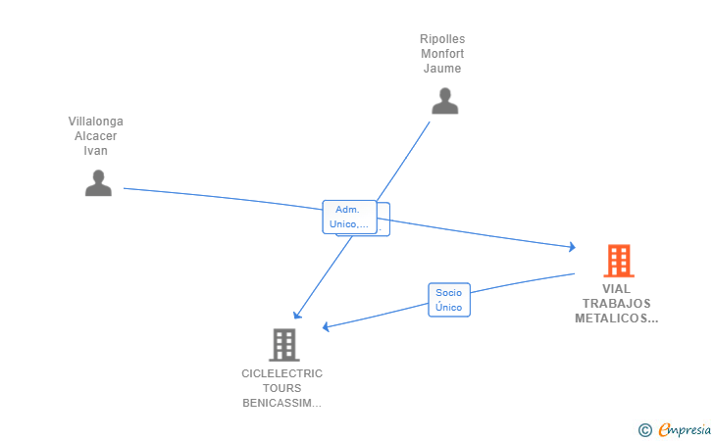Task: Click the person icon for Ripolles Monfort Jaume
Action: click(x=445, y=101)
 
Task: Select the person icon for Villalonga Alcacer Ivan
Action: click(x=98, y=183)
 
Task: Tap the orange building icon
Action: click(x=619, y=261)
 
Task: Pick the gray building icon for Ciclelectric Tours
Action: click(x=284, y=345)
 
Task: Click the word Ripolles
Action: click(x=442, y=39)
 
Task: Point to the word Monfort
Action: click(x=442, y=54)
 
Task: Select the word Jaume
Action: click(x=442, y=69)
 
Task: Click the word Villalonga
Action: click(x=96, y=122)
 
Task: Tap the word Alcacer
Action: click(x=96, y=136)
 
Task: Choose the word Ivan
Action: click(x=96, y=151)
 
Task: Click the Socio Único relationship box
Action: click(x=449, y=300)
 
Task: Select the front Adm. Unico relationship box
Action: click(x=349, y=218)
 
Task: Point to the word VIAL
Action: click(x=617, y=289)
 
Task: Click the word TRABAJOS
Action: click(x=617, y=304)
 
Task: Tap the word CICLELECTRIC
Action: click(x=281, y=373)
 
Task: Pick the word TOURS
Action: click(x=281, y=388)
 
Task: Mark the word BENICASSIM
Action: click(x=278, y=403)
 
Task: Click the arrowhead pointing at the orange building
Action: click(x=573, y=247)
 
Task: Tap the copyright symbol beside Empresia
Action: click(x=645, y=430)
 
